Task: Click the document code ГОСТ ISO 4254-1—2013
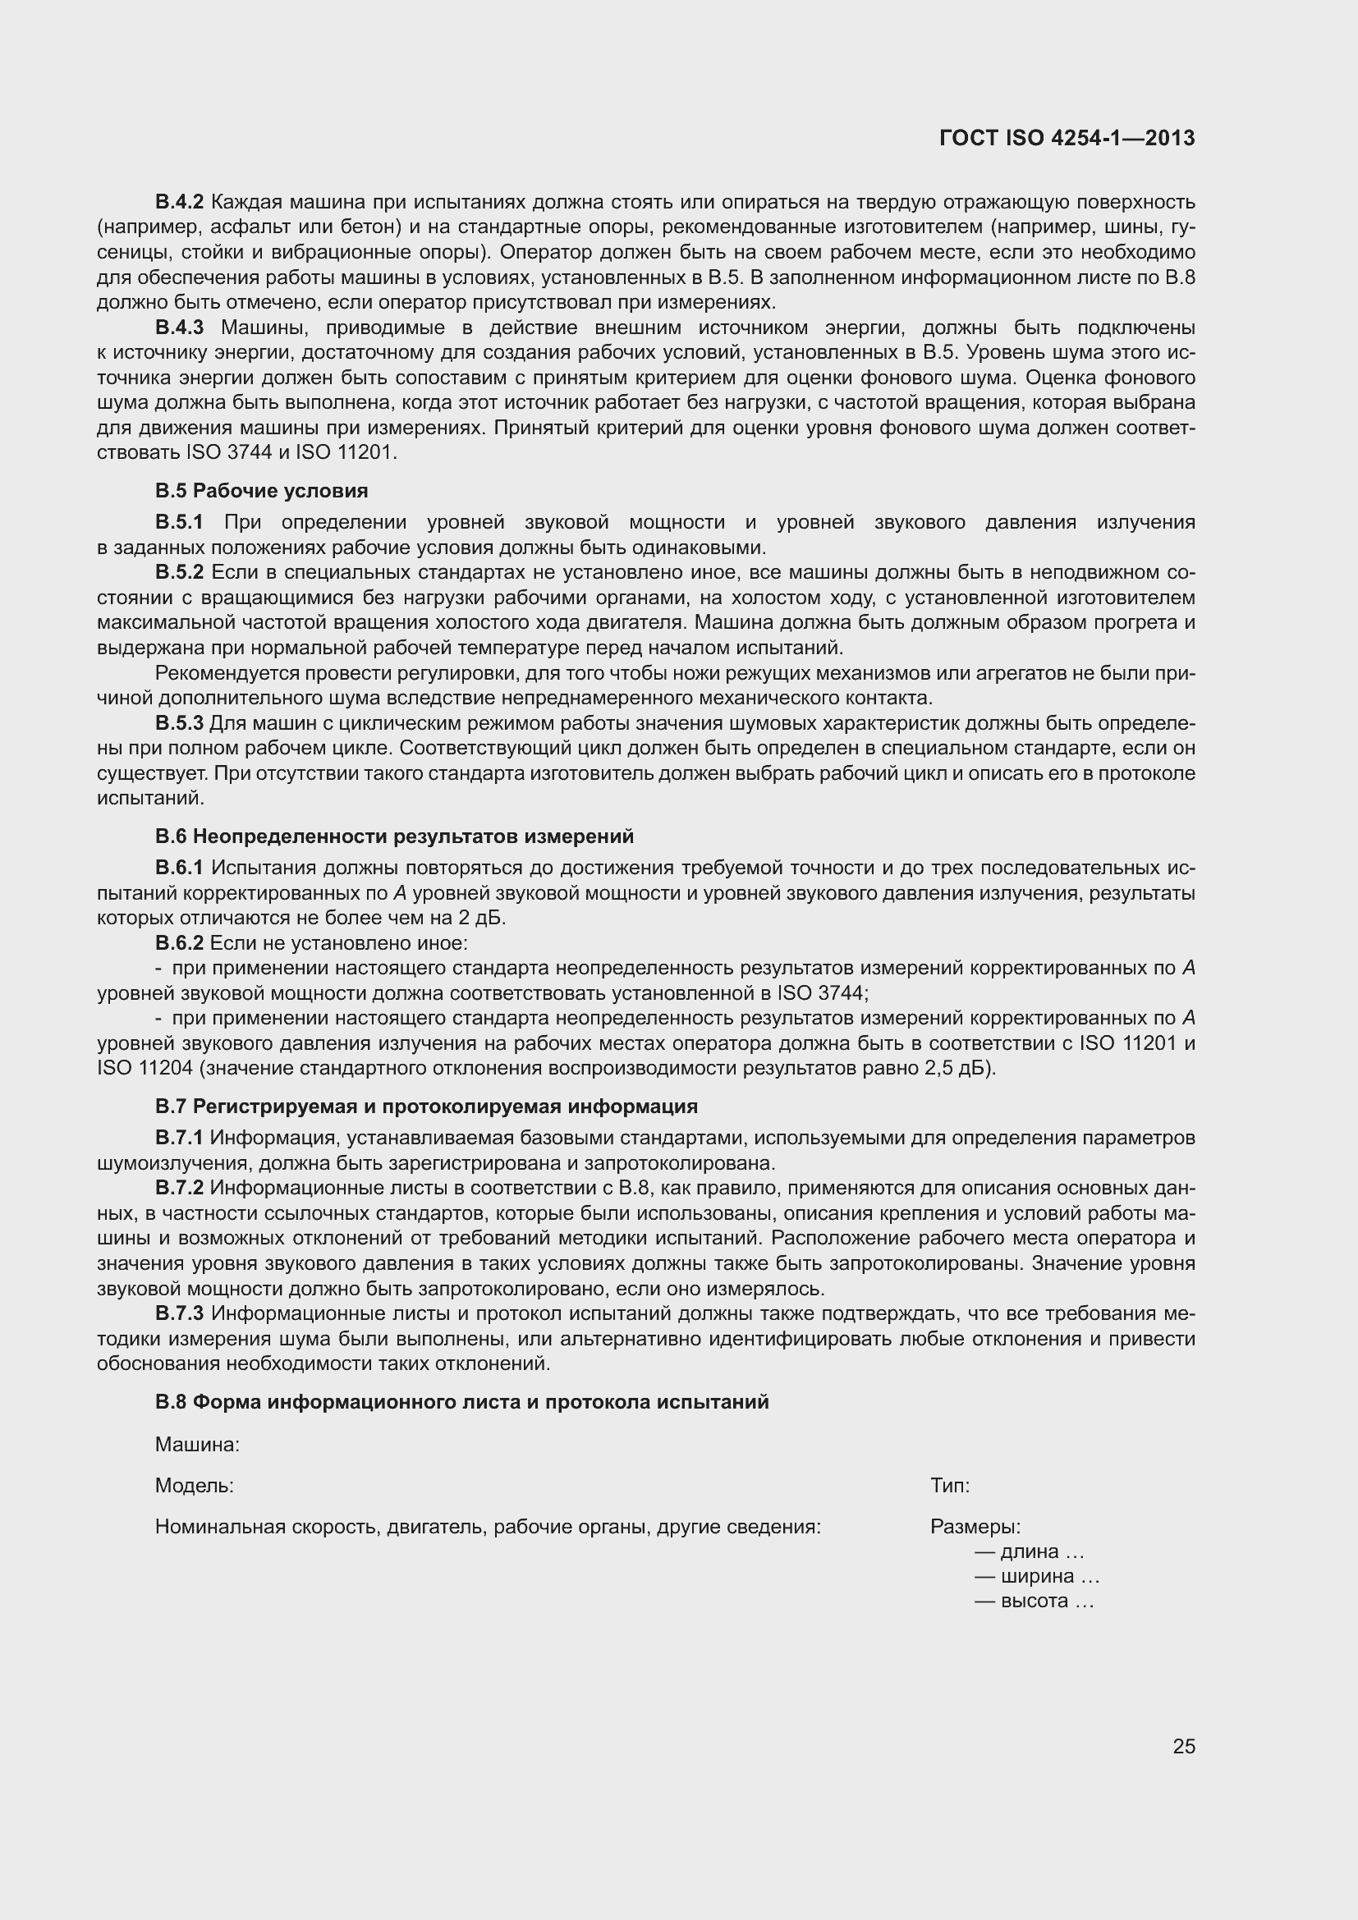click(1067, 138)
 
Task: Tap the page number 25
click(1183, 1746)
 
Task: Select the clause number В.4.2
click(179, 202)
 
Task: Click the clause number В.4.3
click(179, 327)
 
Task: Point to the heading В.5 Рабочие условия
click(261, 490)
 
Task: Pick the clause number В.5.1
click(179, 523)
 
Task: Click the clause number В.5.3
click(179, 723)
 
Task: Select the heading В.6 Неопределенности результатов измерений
click(394, 836)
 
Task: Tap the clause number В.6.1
click(179, 868)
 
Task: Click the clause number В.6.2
click(179, 943)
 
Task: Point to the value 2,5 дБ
click(961, 1069)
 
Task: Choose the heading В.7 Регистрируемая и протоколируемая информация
click(425, 1107)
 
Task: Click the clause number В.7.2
click(179, 1189)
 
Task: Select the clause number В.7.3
click(179, 1313)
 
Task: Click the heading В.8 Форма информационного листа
click(461, 1401)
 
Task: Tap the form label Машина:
click(197, 1444)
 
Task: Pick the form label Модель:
click(194, 1485)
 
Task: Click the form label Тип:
click(950, 1485)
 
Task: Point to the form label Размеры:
click(975, 1527)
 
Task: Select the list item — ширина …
click(1037, 1576)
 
